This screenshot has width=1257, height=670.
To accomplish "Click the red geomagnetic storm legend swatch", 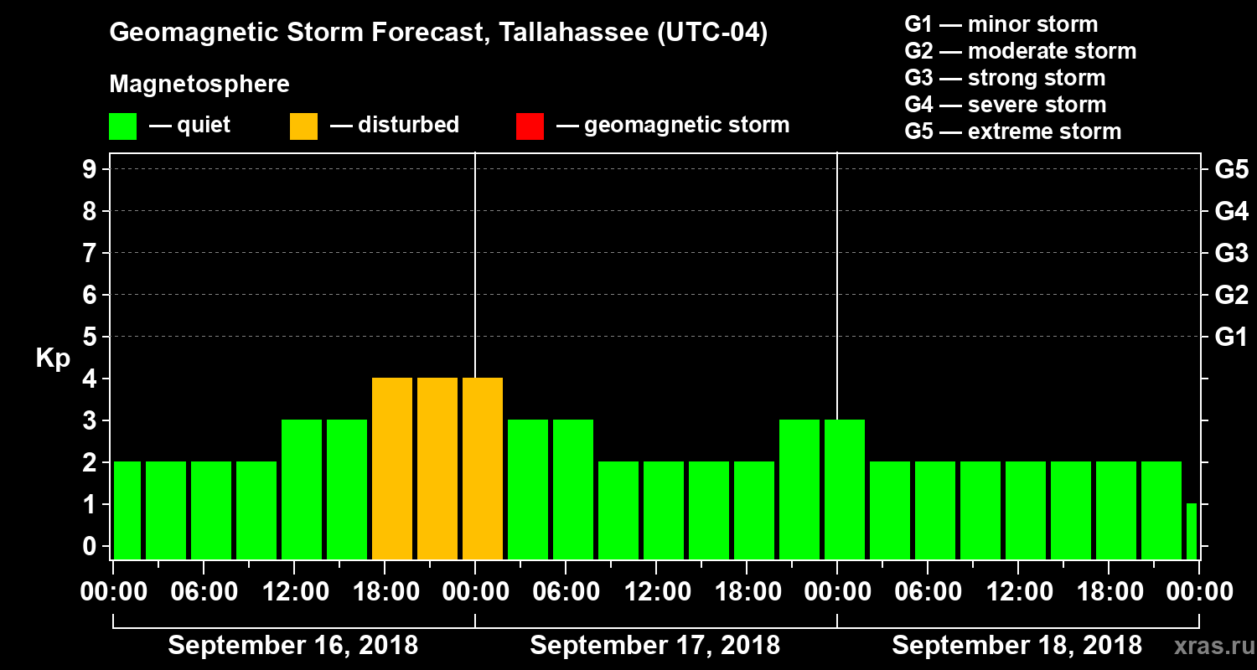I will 530,126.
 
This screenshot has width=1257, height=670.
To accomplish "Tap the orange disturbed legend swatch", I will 303,126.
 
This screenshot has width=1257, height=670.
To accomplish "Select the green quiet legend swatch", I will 122,126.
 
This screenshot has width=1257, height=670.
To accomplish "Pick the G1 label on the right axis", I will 1231,338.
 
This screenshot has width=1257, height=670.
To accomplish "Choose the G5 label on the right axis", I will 1231,170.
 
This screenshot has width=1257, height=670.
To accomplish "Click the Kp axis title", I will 53,358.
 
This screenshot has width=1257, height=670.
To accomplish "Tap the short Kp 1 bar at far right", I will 1192,531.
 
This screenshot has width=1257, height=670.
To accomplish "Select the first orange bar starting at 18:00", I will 392,468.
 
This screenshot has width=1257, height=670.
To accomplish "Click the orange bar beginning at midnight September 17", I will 483,468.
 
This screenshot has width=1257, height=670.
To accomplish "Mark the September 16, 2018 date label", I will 293,646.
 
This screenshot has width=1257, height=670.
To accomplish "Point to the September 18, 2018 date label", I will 1016,646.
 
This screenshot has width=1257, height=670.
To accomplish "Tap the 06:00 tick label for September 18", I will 927,592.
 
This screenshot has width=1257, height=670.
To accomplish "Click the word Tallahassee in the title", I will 565,33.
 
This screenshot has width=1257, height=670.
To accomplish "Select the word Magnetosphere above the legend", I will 199,85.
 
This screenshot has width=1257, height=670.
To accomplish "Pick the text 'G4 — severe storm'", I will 1006,105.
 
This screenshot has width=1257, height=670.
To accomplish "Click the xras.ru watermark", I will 1208,646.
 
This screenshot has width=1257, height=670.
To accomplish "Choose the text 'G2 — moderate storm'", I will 1021,51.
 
